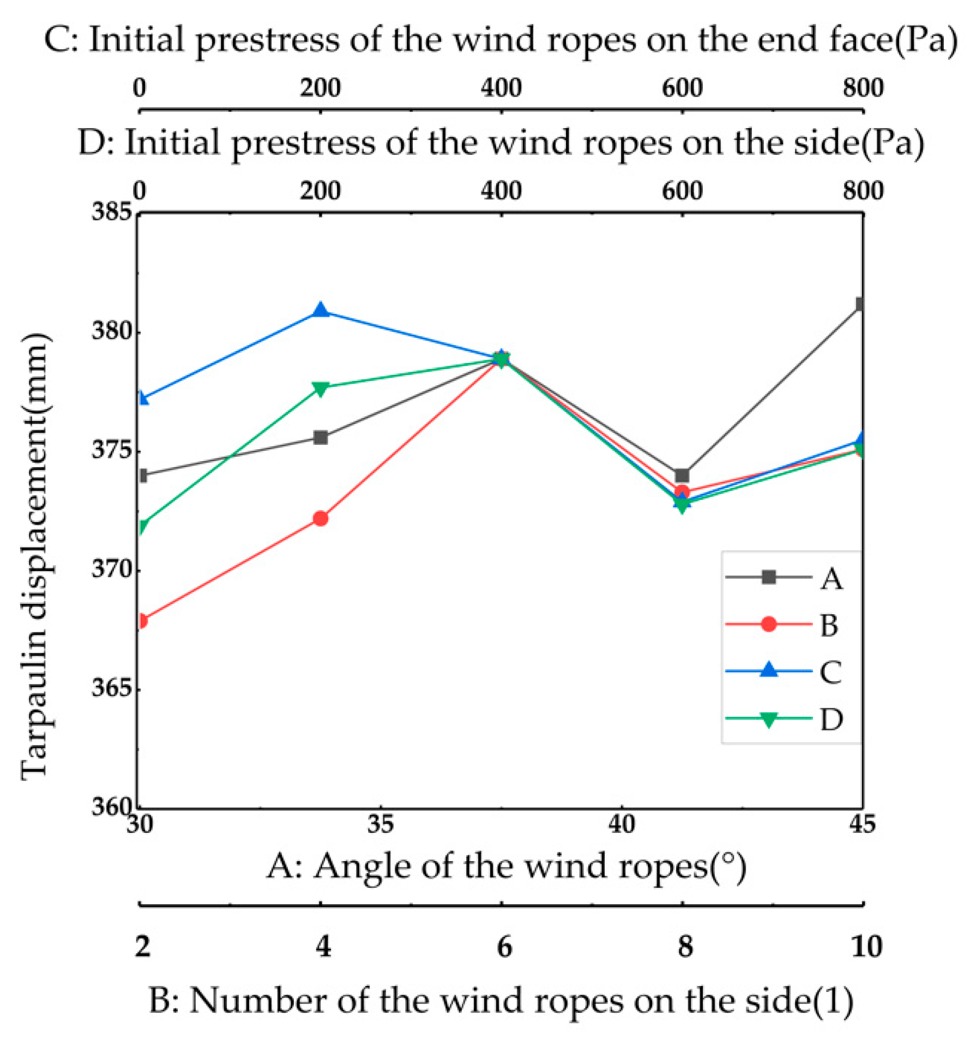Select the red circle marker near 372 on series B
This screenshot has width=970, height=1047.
tap(321, 518)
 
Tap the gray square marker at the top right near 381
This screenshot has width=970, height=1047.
tap(860, 304)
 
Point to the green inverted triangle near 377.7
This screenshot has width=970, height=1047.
tap(321, 388)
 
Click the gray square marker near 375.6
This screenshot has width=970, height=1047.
tap(321, 437)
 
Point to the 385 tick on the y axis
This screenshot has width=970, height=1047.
tap(112, 211)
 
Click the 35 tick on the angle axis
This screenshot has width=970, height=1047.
tap(381, 825)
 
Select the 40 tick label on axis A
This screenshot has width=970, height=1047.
tap(622, 825)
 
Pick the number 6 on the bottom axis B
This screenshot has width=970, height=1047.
tap(504, 947)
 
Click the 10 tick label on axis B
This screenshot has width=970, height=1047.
tap(865, 947)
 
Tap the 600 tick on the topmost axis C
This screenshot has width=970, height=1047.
tap(682, 88)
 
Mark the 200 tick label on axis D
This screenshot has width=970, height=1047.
tap(320, 191)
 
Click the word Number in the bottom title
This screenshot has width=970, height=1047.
tap(261, 1001)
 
